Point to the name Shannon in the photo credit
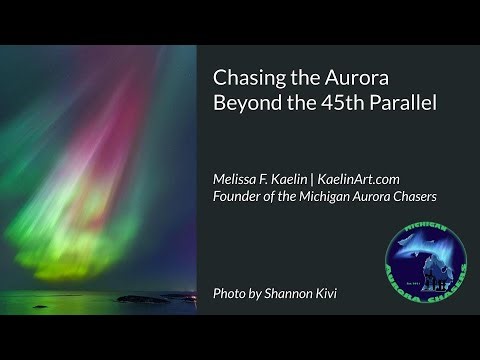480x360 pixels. tap(301, 294)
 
